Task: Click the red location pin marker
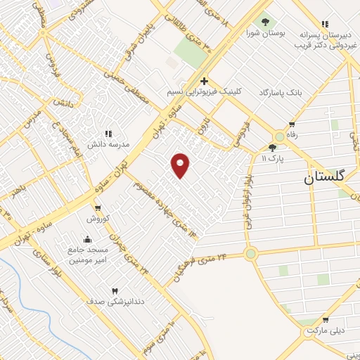coord(181,165)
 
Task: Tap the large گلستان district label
coord(330,177)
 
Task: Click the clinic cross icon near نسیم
coord(203,81)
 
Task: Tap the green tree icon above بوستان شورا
coord(265,22)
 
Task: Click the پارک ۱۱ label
coord(273,159)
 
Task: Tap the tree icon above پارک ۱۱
coord(273,148)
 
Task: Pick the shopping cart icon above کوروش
coord(98,208)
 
